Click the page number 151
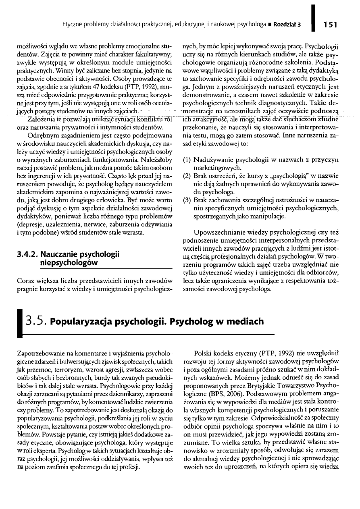click(330, 24)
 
